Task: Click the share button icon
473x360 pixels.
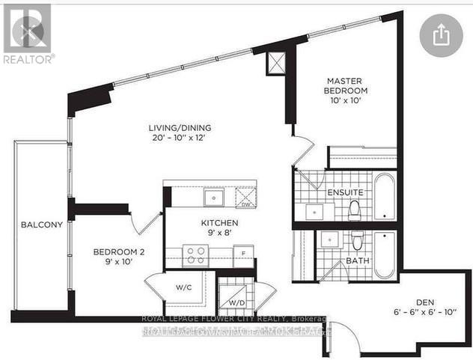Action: click(441, 34)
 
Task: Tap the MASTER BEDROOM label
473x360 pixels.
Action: click(346, 85)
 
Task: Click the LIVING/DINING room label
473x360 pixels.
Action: click(178, 128)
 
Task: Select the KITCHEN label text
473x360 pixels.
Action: click(219, 223)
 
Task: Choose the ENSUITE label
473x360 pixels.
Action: click(345, 193)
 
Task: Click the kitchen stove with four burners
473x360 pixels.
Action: click(196, 255)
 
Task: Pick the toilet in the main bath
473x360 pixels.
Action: click(358, 241)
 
